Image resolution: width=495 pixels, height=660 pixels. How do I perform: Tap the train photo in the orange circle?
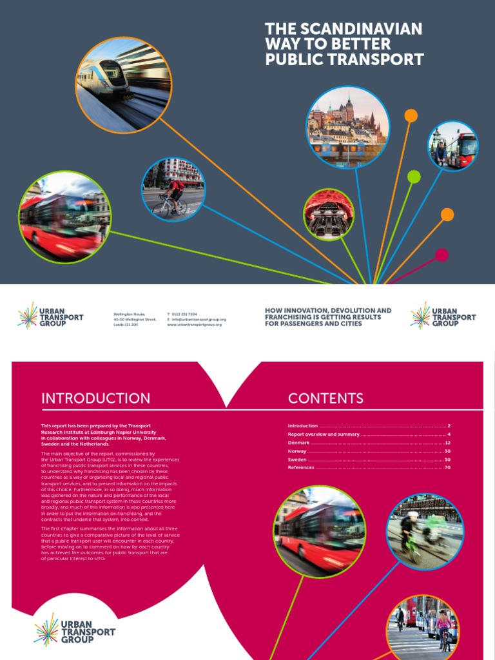click(123, 84)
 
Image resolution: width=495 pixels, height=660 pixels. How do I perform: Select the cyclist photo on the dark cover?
click(173, 189)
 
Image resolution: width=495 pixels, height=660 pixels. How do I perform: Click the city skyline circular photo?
click(347, 127)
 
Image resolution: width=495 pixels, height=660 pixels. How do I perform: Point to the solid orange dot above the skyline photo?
click(411, 115)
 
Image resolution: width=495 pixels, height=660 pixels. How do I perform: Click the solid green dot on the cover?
click(414, 177)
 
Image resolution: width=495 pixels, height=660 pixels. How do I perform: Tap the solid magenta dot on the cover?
click(442, 255)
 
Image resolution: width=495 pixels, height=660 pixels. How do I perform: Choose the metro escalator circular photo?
click(329, 215)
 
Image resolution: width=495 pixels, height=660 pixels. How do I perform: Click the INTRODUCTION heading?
click(95, 398)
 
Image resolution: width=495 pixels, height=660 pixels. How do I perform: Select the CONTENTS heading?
click(325, 398)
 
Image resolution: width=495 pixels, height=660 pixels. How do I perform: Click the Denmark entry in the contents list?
click(299, 443)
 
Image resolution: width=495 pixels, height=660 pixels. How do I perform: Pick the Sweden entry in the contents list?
click(297, 460)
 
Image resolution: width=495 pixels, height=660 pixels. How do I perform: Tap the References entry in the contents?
click(301, 467)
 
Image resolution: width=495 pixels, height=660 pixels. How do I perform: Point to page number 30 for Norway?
click(447, 451)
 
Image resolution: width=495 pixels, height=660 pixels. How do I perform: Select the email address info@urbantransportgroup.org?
click(199, 320)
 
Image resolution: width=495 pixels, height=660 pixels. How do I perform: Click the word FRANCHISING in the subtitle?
click(294, 317)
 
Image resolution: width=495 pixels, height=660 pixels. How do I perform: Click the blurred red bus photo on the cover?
click(64, 217)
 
